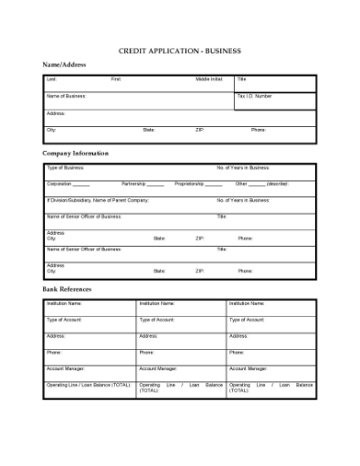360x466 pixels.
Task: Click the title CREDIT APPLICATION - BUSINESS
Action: pos(180,51)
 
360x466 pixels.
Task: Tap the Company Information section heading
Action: pos(75,154)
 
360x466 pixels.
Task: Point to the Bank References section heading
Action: pos(67,289)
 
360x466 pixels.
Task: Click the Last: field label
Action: pos(51,79)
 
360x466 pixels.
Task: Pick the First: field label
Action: pos(116,79)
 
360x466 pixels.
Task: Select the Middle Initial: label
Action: pos(209,79)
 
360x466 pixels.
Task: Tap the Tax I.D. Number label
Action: pos(255,96)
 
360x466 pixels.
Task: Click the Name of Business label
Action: pos(66,96)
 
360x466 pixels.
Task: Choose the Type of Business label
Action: pos(65,168)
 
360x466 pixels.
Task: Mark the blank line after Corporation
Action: pos(82,185)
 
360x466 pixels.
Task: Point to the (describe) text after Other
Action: pos(279,184)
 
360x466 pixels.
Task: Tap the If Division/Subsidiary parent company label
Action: pos(97,200)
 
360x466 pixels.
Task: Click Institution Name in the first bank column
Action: pos(64,303)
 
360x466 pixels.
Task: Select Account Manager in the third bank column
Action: pos(248,368)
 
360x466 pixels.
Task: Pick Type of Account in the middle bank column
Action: pos(157,320)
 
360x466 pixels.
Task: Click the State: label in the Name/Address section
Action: pos(149,130)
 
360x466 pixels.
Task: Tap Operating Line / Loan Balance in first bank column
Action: pos(89,385)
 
